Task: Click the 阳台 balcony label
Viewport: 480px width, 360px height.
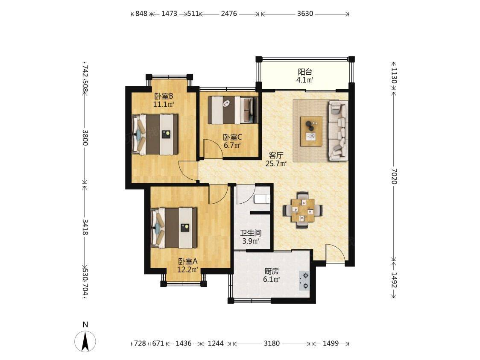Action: [x=305, y=72]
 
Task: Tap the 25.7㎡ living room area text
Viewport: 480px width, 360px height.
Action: [x=276, y=164]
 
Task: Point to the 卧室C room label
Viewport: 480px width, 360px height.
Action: [x=232, y=137]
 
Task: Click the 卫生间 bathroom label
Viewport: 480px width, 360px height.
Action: [x=251, y=233]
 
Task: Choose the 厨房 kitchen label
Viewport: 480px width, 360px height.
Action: [x=272, y=271]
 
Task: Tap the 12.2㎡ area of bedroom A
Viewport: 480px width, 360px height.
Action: [x=187, y=270]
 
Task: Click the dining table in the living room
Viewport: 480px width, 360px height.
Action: [x=302, y=210]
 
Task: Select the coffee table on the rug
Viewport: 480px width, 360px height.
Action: [x=311, y=131]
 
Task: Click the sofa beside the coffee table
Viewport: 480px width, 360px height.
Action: [x=338, y=131]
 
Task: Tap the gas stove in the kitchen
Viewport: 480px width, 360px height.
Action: [x=304, y=281]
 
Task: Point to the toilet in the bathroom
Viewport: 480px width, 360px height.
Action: [x=262, y=199]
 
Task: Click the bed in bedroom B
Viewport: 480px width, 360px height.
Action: [x=155, y=135]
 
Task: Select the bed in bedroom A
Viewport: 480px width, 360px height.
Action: [x=174, y=228]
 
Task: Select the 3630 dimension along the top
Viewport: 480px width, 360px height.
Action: [x=305, y=14]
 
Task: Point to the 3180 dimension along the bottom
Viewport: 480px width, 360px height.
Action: [x=272, y=343]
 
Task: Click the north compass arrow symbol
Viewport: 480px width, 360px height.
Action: [x=85, y=340]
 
